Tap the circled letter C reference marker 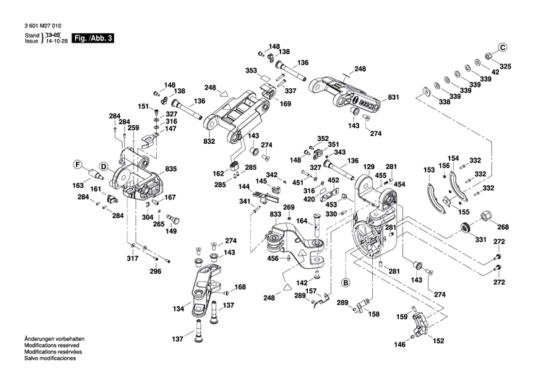click(503, 47)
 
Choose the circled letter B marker click(345, 282)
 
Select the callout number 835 click(171, 168)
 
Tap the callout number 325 click(506, 66)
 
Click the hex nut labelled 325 click(489, 56)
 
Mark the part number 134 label click(178, 309)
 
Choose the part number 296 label click(155, 272)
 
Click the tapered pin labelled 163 click(94, 174)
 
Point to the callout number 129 click(369, 167)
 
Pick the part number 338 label click(444, 102)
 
